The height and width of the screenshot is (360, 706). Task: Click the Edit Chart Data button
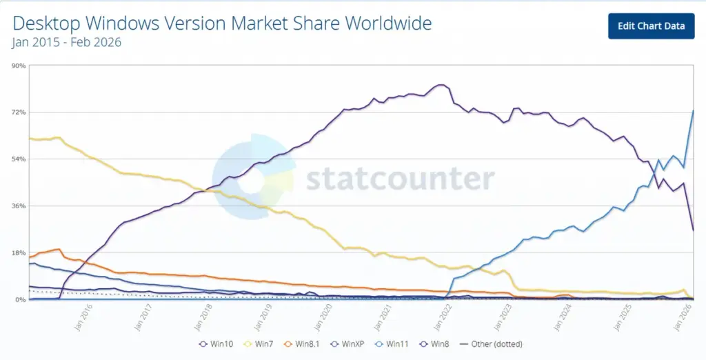point(651,26)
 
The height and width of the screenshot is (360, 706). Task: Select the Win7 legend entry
point(260,343)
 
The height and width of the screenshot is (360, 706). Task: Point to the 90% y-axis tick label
point(19,66)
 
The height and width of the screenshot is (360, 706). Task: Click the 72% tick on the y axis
point(19,112)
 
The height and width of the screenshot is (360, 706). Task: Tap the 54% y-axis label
point(19,159)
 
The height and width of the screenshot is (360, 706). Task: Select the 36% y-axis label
point(19,206)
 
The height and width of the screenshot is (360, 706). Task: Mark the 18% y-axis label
point(19,253)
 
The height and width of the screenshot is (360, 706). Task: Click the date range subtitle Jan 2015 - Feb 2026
point(67,42)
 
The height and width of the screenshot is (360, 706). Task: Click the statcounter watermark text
point(400,179)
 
